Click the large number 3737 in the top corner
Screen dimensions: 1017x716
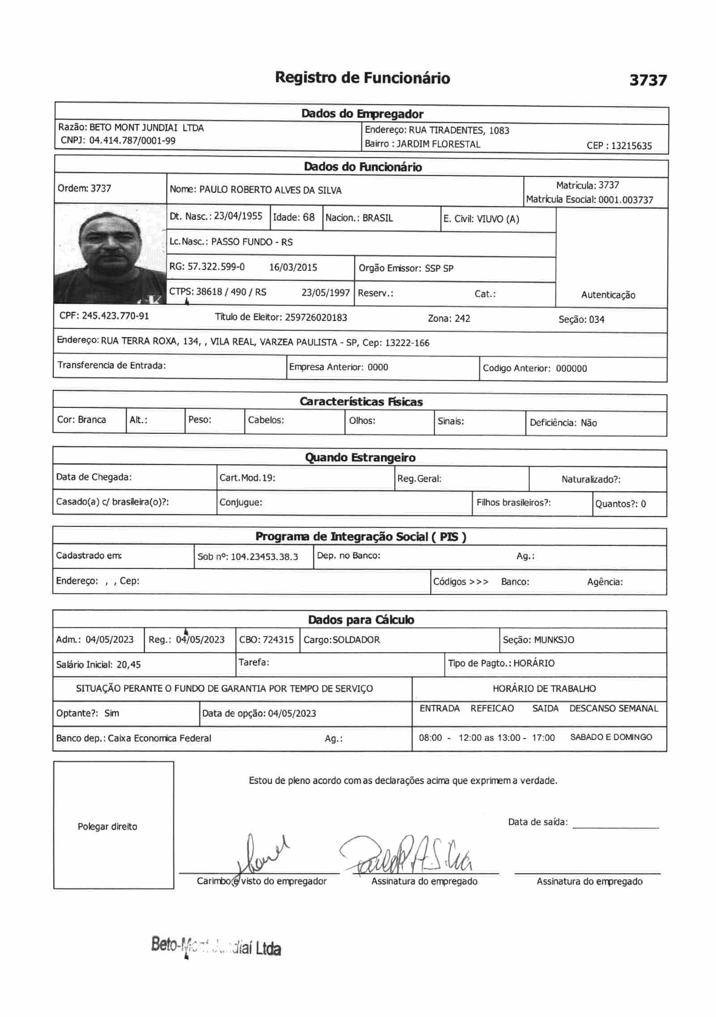(648, 80)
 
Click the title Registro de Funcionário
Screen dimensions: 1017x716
(362, 78)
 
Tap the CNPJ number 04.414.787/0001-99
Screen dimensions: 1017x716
(132, 141)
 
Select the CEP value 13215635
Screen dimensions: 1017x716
(631, 145)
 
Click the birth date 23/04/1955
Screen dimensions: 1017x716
(238, 216)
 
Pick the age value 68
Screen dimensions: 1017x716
(309, 218)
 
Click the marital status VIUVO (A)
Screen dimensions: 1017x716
(498, 219)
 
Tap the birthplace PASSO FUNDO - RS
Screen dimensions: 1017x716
(252, 242)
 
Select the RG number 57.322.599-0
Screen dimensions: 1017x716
(216, 267)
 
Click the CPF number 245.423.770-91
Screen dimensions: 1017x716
(115, 316)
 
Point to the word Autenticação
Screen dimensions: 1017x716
(608, 295)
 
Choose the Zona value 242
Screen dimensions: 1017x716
(462, 319)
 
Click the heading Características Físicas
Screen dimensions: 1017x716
(361, 402)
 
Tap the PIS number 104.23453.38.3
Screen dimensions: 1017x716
(264, 557)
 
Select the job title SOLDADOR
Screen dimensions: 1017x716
(356, 640)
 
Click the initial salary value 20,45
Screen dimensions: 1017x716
(128, 665)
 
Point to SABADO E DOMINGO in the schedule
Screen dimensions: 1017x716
(611, 737)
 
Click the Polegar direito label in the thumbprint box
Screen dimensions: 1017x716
(107, 827)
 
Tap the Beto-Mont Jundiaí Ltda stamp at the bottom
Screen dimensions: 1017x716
(216, 947)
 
